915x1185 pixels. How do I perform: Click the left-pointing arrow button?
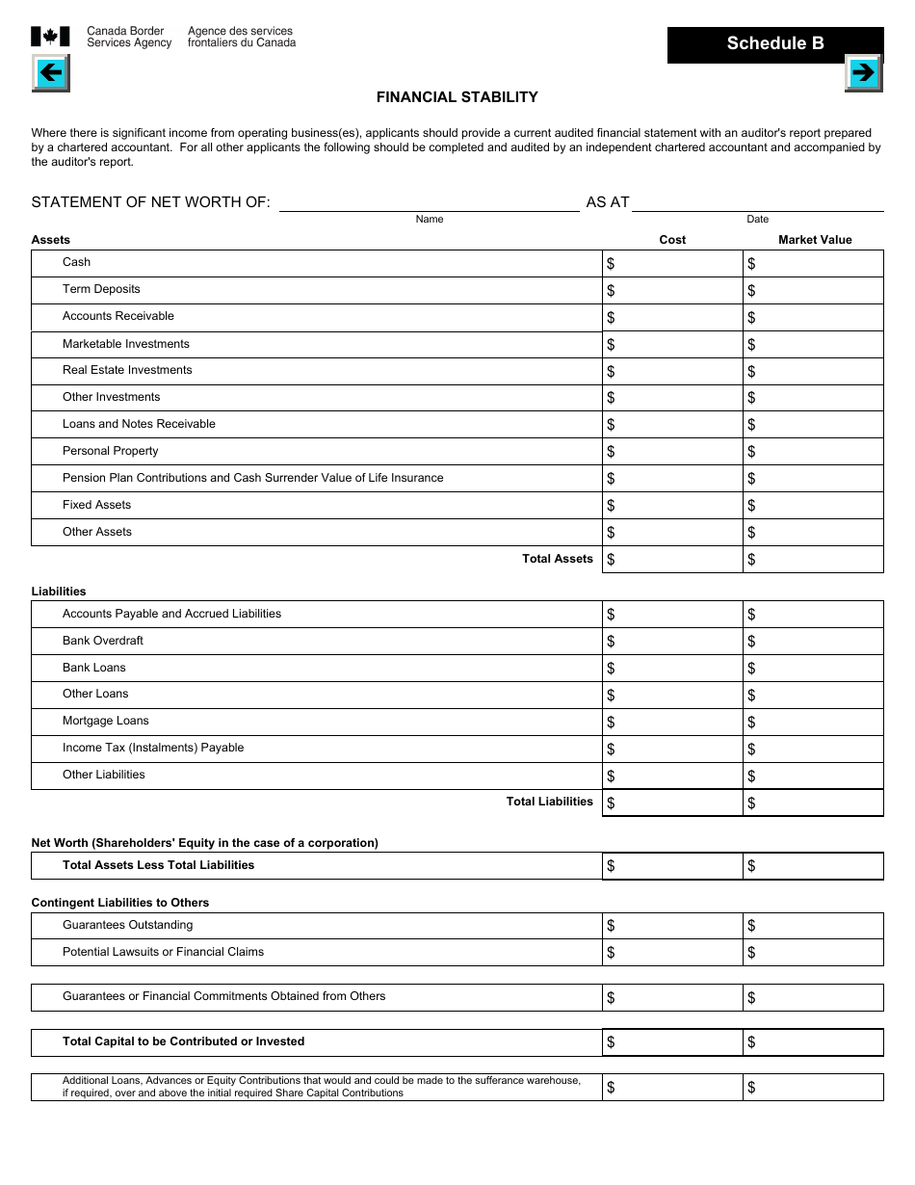tap(50, 72)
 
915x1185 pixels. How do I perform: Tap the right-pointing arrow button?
tap(863, 72)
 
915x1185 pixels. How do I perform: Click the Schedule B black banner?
tap(774, 43)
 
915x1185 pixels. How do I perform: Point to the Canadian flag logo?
tap(50, 37)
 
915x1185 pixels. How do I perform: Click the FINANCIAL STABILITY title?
tap(457, 97)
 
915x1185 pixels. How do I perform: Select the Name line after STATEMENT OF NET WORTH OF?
tap(429, 202)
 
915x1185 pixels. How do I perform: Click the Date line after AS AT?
tap(757, 202)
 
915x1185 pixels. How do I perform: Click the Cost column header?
tap(672, 240)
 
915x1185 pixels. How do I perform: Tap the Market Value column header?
tap(815, 240)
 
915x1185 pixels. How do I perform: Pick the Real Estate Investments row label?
tap(127, 370)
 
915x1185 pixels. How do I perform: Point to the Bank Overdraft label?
tap(103, 641)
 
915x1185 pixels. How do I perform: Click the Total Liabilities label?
tap(549, 802)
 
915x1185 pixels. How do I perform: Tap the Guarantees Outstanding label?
tap(127, 925)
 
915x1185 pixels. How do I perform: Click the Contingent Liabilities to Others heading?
tap(120, 903)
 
